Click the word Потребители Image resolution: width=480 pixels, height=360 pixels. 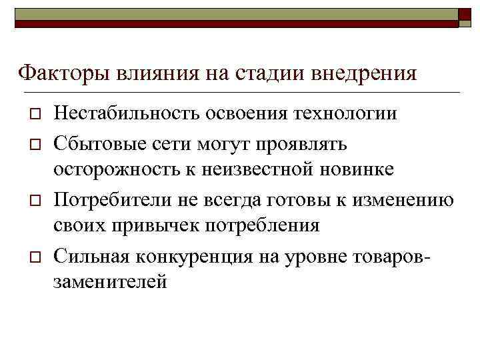pos(111,198)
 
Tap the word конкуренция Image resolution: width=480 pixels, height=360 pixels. pos(191,255)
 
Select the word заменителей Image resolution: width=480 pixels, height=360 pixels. pos(110,283)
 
